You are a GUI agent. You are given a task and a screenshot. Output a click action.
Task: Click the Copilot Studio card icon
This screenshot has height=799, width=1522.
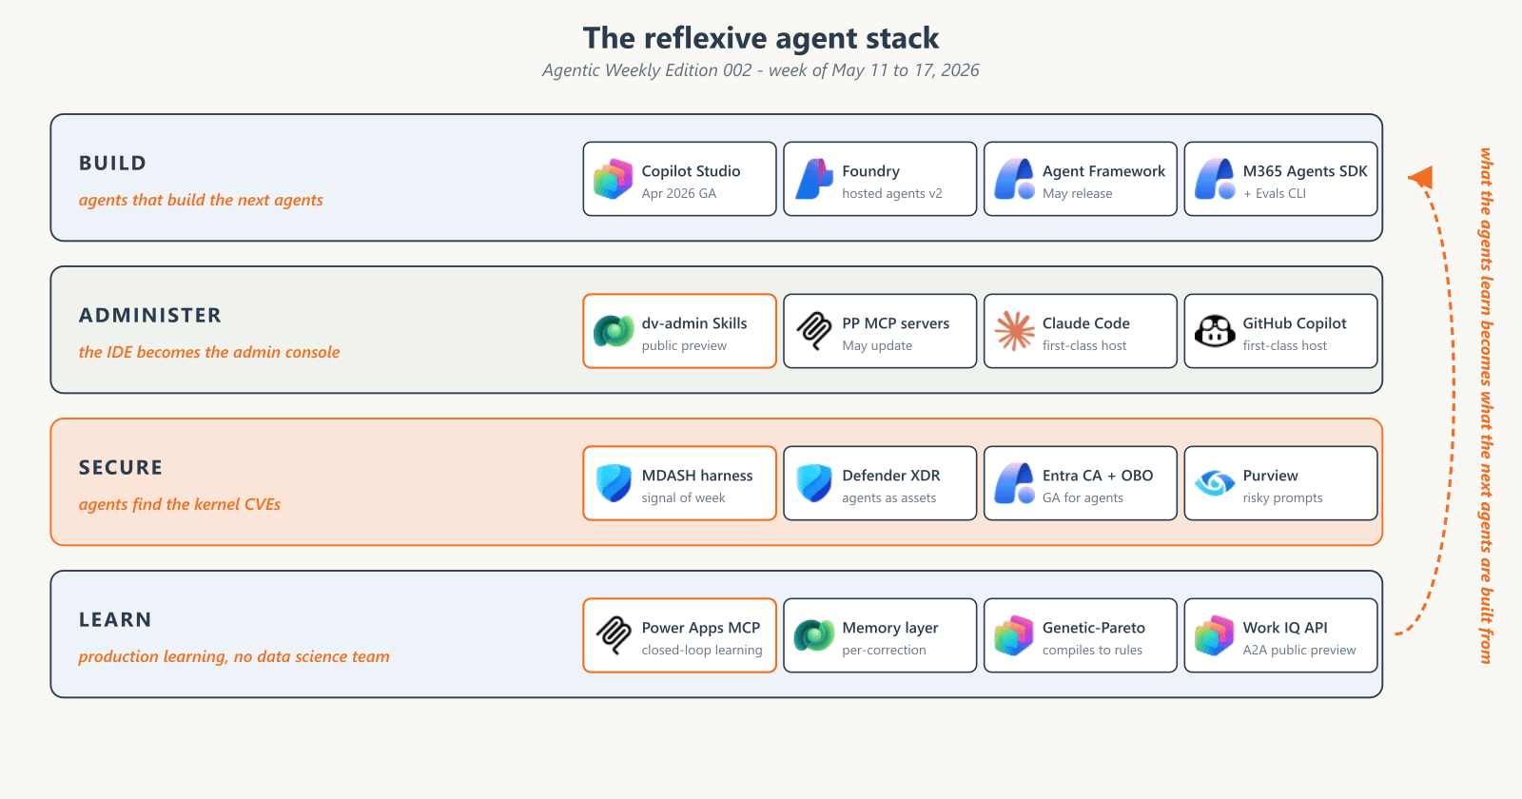pos(613,180)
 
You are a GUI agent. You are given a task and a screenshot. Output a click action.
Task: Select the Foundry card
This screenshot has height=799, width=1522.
pos(880,179)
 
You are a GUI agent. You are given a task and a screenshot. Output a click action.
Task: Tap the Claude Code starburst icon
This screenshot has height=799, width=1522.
pos(1014,331)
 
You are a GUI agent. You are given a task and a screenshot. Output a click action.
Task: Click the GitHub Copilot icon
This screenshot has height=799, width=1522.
pos(1214,331)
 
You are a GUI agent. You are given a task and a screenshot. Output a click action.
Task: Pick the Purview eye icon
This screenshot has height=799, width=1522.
pos(1214,483)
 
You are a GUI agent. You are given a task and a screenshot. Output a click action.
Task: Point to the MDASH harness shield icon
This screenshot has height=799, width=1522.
pos(613,483)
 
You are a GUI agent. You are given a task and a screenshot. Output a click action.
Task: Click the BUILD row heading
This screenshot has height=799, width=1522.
pos(113,163)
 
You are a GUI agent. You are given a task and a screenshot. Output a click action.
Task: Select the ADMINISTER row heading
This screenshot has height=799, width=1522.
pos(150,315)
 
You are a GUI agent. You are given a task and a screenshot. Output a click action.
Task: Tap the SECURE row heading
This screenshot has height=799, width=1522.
pos(121,467)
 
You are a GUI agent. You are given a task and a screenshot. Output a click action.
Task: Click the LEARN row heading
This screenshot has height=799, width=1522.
pos(115,619)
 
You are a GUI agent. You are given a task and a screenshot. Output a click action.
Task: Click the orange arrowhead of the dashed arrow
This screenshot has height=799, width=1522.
pos(1421,177)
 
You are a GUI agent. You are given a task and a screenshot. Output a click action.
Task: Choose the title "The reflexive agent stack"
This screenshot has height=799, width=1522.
pos(761,37)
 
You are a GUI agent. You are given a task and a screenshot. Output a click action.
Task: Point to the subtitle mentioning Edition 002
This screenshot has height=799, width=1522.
pos(761,70)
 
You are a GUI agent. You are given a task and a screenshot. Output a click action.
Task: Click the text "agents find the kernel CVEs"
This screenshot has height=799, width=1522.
pos(180,504)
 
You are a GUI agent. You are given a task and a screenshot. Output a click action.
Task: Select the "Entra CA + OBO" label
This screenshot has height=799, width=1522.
pos(1098,476)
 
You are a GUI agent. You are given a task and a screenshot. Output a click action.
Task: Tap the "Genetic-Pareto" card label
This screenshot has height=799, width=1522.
pos(1093,628)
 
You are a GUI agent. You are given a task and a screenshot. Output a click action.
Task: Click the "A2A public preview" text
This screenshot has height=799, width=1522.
pos(1299,651)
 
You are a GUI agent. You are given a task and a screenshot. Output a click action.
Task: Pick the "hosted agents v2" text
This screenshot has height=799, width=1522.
pos(892,194)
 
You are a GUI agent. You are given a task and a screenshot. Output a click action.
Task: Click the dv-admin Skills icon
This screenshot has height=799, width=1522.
pos(613,331)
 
